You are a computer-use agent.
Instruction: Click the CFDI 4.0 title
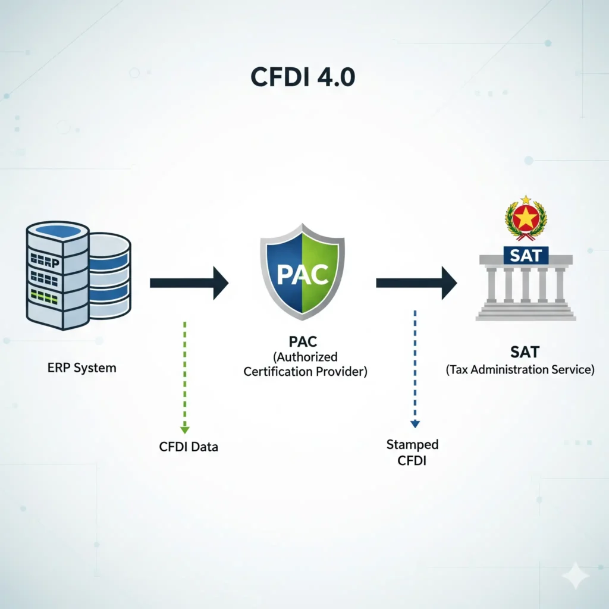tap(303, 78)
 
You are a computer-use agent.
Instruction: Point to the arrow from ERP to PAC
tap(189, 282)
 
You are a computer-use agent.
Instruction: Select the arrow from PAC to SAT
tap(416, 282)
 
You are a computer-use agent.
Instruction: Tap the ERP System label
tap(81, 368)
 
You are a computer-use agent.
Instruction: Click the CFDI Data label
tap(189, 447)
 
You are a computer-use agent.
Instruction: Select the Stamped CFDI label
tap(412, 453)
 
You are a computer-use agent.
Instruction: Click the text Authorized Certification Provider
tap(306, 365)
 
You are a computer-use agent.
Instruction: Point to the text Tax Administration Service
tap(520, 370)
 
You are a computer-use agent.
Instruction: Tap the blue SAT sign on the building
tap(526, 255)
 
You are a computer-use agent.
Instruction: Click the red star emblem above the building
tap(526, 219)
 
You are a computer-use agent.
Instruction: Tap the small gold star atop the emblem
tap(526, 200)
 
